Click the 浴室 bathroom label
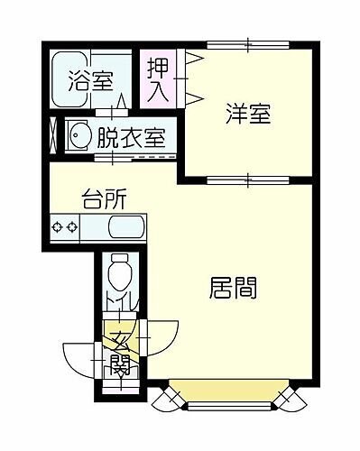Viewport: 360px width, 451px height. coord(90,80)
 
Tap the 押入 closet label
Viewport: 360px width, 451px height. coord(159,80)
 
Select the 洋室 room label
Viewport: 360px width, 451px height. coord(249,115)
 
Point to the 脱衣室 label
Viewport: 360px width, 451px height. coord(131,139)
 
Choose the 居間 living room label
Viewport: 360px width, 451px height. coord(234,289)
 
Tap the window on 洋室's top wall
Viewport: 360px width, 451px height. coord(248,43)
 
